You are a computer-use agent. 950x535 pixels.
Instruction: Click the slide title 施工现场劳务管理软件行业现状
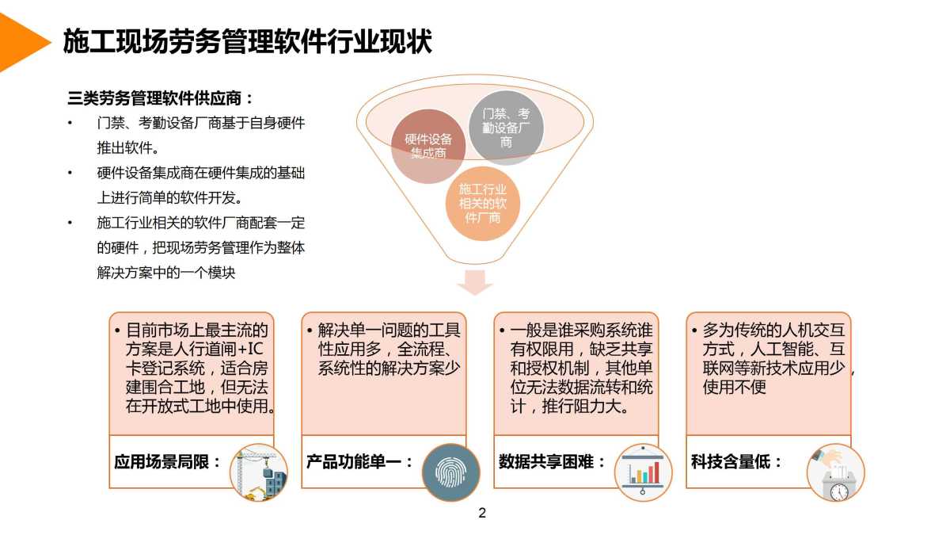[247, 41]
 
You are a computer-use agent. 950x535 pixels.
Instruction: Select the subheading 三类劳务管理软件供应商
[155, 98]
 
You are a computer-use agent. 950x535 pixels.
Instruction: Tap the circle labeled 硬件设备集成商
[428, 146]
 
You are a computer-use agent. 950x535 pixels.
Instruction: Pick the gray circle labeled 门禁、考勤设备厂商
[506, 128]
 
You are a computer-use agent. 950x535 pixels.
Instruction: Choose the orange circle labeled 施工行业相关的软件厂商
[483, 204]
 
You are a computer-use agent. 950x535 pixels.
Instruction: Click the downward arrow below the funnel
[475, 282]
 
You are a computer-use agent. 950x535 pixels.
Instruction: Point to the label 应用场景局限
[161, 461]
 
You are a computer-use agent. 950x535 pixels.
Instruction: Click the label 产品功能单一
[354, 461]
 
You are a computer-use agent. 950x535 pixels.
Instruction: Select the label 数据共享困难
[545, 461]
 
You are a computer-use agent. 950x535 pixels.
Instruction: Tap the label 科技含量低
[730, 461]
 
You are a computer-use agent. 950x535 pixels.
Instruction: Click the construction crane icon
[259, 472]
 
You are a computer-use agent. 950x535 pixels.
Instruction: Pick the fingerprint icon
[450, 472]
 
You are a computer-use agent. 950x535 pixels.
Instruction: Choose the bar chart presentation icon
[643, 472]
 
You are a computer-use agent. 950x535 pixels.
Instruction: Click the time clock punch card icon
[835, 472]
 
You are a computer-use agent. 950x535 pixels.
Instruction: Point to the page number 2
[482, 513]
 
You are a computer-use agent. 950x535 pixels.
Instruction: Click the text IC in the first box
[255, 349]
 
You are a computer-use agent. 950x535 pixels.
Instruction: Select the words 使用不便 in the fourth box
[734, 387]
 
